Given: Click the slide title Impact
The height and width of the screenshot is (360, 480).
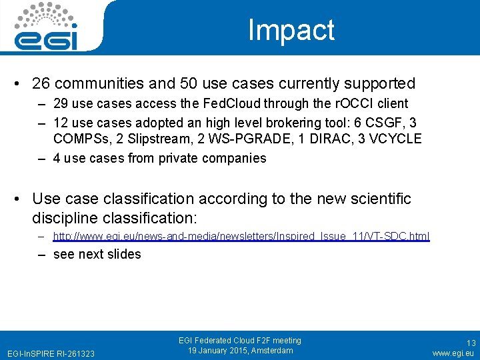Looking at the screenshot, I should pos(291,31).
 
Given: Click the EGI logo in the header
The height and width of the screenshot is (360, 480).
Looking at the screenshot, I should pos(47,27).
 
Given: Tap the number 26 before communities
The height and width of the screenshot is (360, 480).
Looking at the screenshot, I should pos(41,83).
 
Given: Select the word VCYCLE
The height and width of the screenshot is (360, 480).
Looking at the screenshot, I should pos(397,139).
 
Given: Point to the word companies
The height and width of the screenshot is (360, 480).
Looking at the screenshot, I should pos(235,158).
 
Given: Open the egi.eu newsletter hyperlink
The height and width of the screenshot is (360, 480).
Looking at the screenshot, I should pos(241,236).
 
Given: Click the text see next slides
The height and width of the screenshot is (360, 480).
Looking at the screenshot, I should pos(97,254).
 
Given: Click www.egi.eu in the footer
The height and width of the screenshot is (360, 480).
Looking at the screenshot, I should pos(453,353).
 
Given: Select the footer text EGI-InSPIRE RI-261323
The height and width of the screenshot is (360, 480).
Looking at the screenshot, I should pos(51,353).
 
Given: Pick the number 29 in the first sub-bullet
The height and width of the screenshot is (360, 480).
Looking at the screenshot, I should pos(61,103).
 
